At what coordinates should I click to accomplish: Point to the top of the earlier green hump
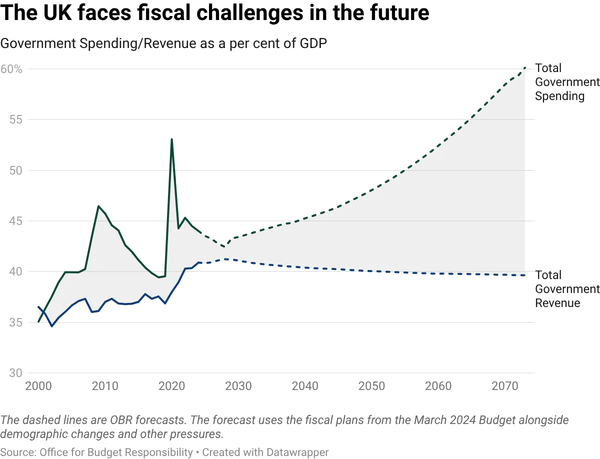click(99, 205)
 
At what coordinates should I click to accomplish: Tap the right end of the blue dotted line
click(525, 275)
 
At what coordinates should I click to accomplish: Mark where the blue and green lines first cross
click(42, 311)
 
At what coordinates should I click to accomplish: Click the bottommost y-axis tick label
click(14, 373)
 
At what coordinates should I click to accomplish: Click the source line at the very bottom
click(165, 451)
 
